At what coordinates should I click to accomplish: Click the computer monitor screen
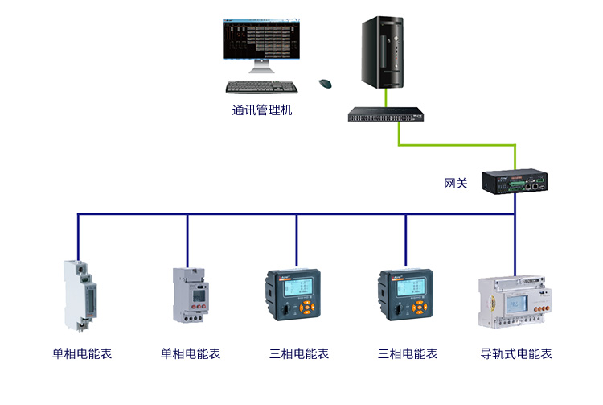click(261, 39)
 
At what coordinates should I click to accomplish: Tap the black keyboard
click(261, 87)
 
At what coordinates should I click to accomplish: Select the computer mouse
click(325, 83)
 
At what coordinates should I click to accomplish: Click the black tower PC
click(382, 52)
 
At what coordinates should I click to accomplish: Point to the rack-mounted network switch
click(386, 114)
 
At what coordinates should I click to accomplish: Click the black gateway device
click(515, 181)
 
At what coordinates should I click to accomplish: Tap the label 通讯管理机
click(262, 110)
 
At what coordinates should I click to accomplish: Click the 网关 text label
click(456, 184)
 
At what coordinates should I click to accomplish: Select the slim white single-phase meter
click(80, 295)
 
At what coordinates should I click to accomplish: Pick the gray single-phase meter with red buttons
click(191, 295)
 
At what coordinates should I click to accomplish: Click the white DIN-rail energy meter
click(515, 302)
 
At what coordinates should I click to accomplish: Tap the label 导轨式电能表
click(515, 353)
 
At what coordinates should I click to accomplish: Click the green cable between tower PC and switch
click(386, 97)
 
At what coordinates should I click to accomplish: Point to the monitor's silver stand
click(261, 66)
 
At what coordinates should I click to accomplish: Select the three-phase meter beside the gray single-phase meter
click(293, 295)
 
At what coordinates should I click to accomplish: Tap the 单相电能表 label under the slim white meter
click(82, 353)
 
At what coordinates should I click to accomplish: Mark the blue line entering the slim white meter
click(78, 238)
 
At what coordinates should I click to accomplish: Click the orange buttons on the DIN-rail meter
click(540, 309)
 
